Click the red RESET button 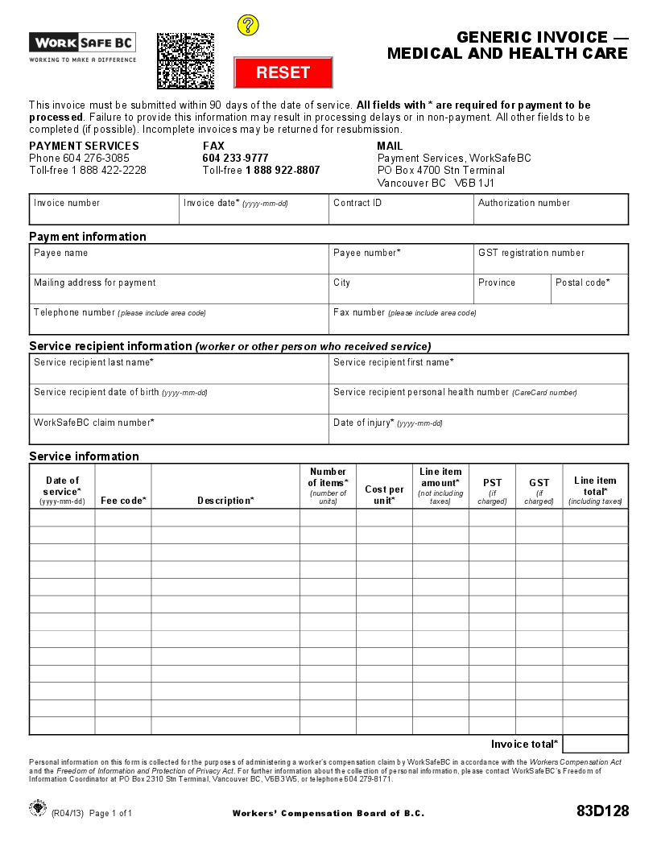pyautogui.click(x=283, y=72)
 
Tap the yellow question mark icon pyautogui.click(x=248, y=25)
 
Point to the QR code pyautogui.click(x=185, y=60)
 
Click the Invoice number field pyautogui.click(x=104, y=210)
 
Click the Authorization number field pyautogui.click(x=551, y=210)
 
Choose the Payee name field pyautogui.click(x=179, y=259)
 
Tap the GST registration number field pyautogui.click(x=551, y=259)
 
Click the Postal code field pyautogui.click(x=589, y=289)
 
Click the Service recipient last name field pyautogui.click(x=179, y=369)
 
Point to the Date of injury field pyautogui.click(x=478, y=429)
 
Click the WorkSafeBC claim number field pyautogui.click(x=179, y=429)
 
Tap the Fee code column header pyautogui.click(x=123, y=501)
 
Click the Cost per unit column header pyautogui.click(x=384, y=494)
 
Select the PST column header pyautogui.click(x=492, y=489)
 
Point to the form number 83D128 pyautogui.click(x=602, y=811)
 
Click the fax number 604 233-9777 pyautogui.click(x=235, y=159)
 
